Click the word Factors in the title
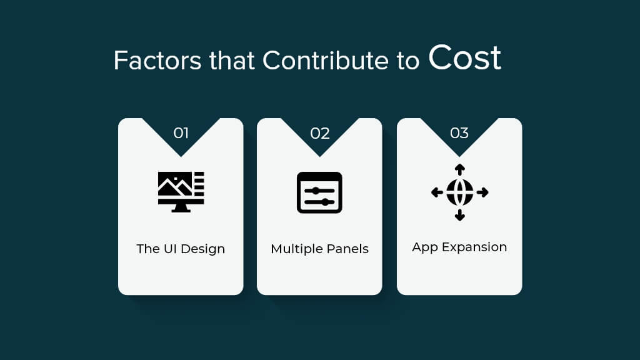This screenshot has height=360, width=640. pos(157,61)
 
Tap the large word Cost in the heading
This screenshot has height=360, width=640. pos(464,57)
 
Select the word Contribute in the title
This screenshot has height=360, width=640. pos(325,61)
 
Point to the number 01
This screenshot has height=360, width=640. pos(181,133)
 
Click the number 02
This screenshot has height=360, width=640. pos(319,133)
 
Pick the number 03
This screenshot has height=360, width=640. pos(459,133)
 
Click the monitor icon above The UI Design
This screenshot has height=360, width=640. pos(181,192)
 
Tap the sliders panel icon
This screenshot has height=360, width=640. pos(319,192)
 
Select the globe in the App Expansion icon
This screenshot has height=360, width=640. pos(459,192)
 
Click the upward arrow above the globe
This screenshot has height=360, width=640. pos(459,169)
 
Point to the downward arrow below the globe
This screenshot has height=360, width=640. pos(459,215)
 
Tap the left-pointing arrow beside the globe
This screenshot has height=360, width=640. pos(437,192)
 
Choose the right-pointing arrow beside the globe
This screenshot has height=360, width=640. pos(482,192)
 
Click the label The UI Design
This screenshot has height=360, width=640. pos(181,249)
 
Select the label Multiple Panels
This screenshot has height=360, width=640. pos(319,249)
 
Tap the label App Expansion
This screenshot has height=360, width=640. pos(459,247)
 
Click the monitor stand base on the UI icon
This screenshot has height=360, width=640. pos(181,210)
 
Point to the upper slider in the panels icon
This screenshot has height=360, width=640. pos(319,191)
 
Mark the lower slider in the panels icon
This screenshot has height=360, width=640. pos(319,202)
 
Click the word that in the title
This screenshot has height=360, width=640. pos(232,61)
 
